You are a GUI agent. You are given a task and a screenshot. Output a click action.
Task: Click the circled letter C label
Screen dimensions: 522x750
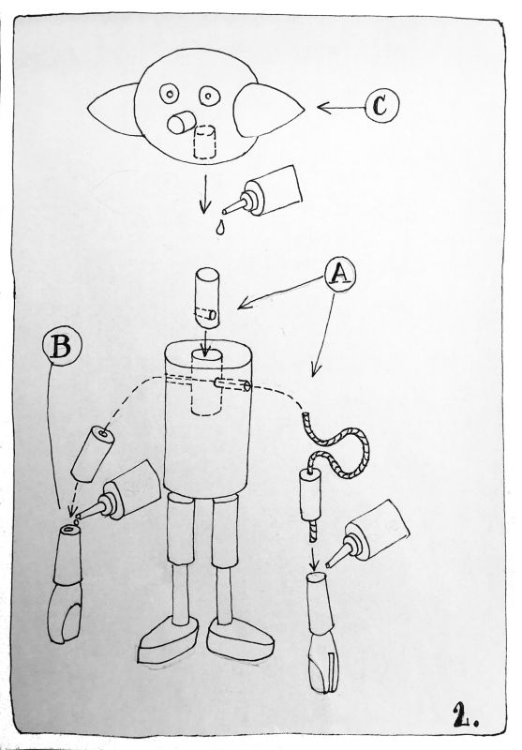point(381,106)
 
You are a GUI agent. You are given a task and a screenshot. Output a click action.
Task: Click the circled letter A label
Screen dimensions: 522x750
point(340,275)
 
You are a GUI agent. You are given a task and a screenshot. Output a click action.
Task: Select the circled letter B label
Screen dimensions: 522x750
point(62,346)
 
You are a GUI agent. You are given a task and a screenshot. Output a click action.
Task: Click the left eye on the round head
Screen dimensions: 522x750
point(170,94)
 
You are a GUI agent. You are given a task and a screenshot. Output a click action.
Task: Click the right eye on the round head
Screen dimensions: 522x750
point(209,96)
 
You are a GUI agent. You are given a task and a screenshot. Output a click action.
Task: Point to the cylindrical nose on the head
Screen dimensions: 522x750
point(182,123)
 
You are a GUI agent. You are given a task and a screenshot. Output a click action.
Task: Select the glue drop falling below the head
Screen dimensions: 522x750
point(219,227)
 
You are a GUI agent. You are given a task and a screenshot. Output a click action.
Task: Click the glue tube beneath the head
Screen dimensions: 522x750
point(263,192)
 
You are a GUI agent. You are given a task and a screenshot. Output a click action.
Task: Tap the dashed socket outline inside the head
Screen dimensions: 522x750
point(204,142)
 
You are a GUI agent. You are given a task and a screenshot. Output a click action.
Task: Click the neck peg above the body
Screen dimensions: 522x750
point(207,297)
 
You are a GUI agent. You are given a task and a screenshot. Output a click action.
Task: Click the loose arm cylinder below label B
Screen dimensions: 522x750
point(93,453)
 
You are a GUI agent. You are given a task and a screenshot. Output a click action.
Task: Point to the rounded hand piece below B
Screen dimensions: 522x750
point(66,583)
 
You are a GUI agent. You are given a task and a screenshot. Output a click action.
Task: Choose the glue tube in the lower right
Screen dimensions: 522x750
point(369,533)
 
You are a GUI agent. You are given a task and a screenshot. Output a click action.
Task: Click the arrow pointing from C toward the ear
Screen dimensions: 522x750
point(341,108)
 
